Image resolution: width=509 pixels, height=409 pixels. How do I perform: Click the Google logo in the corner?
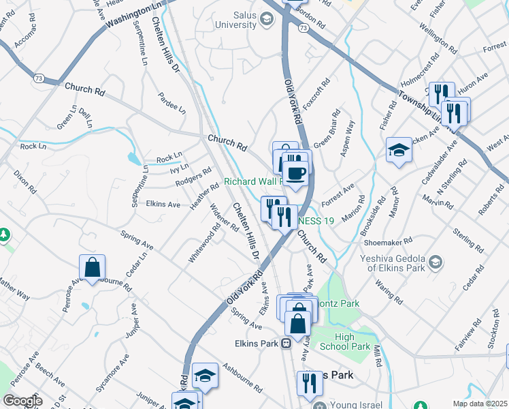tap(22, 402)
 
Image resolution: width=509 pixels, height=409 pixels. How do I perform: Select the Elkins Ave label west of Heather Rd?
tap(163, 204)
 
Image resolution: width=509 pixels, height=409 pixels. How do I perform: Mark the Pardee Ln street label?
tap(171, 102)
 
